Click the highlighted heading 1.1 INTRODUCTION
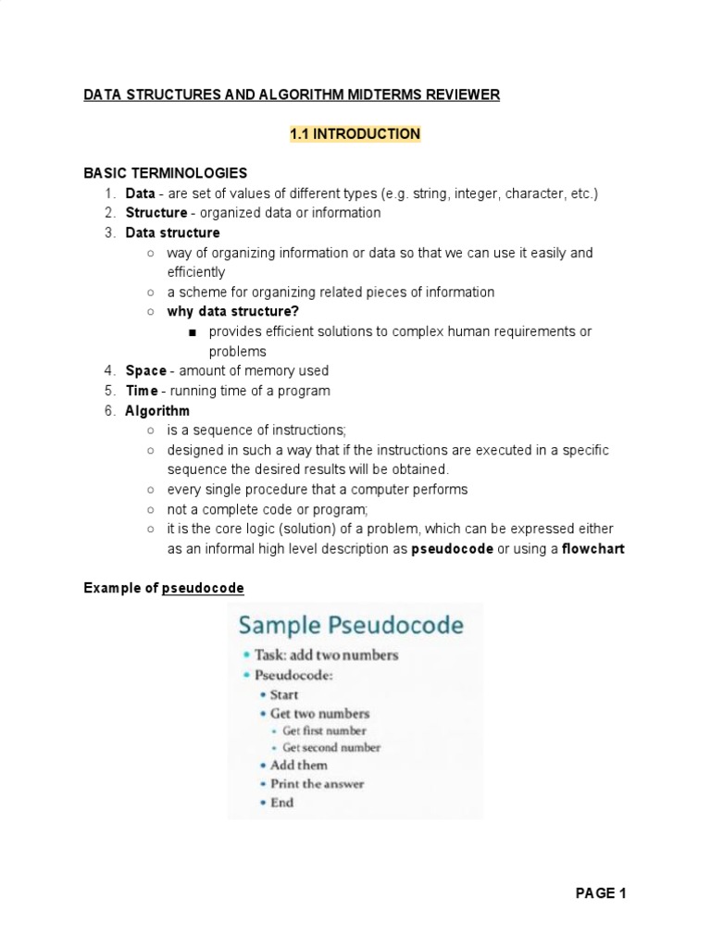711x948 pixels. (355, 134)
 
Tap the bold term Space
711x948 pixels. (146, 371)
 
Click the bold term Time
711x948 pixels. (143, 391)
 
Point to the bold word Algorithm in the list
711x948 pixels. (157, 410)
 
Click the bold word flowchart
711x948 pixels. (593, 548)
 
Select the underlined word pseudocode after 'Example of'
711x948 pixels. (203, 588)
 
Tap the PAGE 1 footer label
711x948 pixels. (601, 893)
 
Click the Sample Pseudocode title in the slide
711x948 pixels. (351, 625)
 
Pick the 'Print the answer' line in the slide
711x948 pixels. (317, 783)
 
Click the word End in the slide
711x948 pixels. (282, 803)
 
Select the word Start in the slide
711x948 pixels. (284, 694)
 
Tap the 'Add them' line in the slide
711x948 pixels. (298, 765)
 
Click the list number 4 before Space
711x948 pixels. (108, 371)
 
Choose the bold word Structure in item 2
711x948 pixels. (156, 213)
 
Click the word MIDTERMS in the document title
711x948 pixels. (396, 95)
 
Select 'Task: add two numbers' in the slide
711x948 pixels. (326, 655)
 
